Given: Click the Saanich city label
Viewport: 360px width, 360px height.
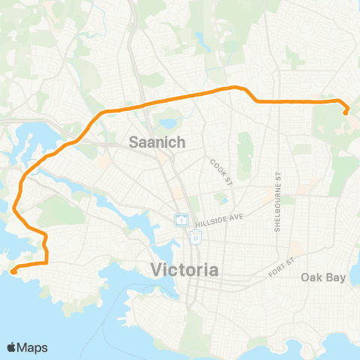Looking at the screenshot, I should [152, 140].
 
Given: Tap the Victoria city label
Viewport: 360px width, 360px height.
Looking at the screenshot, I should [184, 269].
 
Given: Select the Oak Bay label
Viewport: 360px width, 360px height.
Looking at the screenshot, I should [323, 277].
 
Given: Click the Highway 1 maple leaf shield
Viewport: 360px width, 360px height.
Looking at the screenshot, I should [181, 220].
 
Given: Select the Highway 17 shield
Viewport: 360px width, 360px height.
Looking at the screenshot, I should [195, 237].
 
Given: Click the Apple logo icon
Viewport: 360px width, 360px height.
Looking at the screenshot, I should [12, 347].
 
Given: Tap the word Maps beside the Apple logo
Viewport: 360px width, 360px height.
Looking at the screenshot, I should [33, 347].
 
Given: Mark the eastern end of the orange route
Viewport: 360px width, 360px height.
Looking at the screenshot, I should [346, 113].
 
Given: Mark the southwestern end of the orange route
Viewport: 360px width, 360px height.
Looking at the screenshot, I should [13, 271].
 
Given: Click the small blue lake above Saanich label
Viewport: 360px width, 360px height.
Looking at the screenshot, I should [166, 122].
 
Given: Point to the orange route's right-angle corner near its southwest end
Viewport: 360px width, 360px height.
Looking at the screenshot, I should [46, 263].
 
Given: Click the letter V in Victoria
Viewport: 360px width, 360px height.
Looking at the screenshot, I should [156, 269].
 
